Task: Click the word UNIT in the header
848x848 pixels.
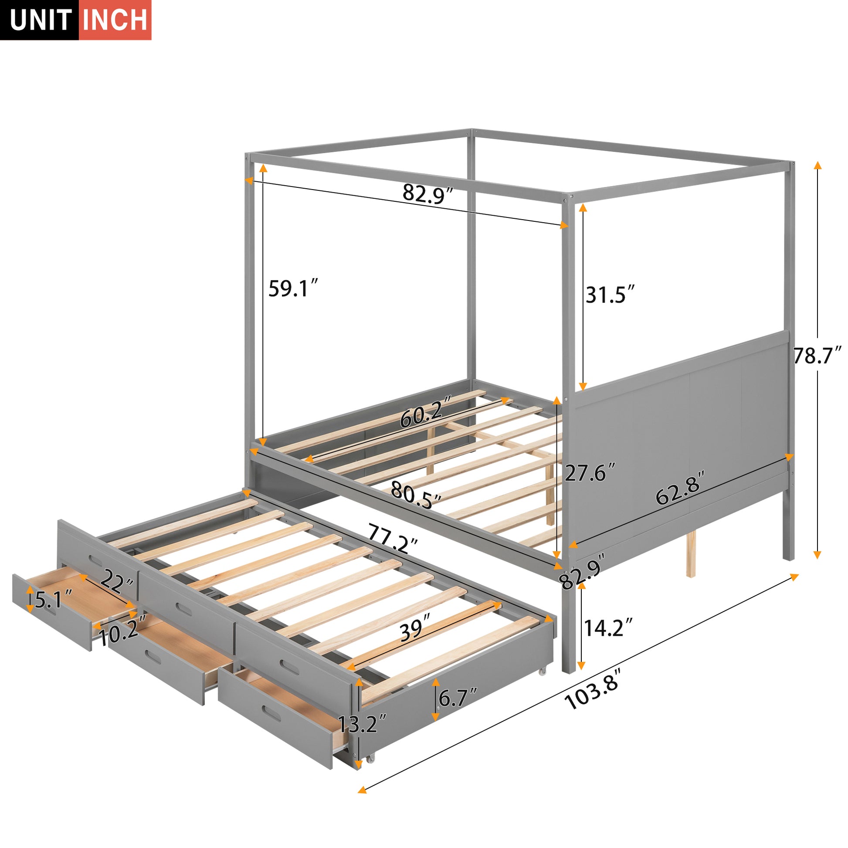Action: click(41, 20)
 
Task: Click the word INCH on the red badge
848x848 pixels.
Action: click(115, 20)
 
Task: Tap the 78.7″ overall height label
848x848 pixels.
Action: click(817, 356)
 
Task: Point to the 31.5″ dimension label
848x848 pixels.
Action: click(610, 295)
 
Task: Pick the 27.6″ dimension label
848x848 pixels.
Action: click(590, 473)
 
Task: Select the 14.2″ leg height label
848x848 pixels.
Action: click(608, 629)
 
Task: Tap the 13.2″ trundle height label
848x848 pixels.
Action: click(362, 724)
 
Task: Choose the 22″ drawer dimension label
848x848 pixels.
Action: click(117, 583)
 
